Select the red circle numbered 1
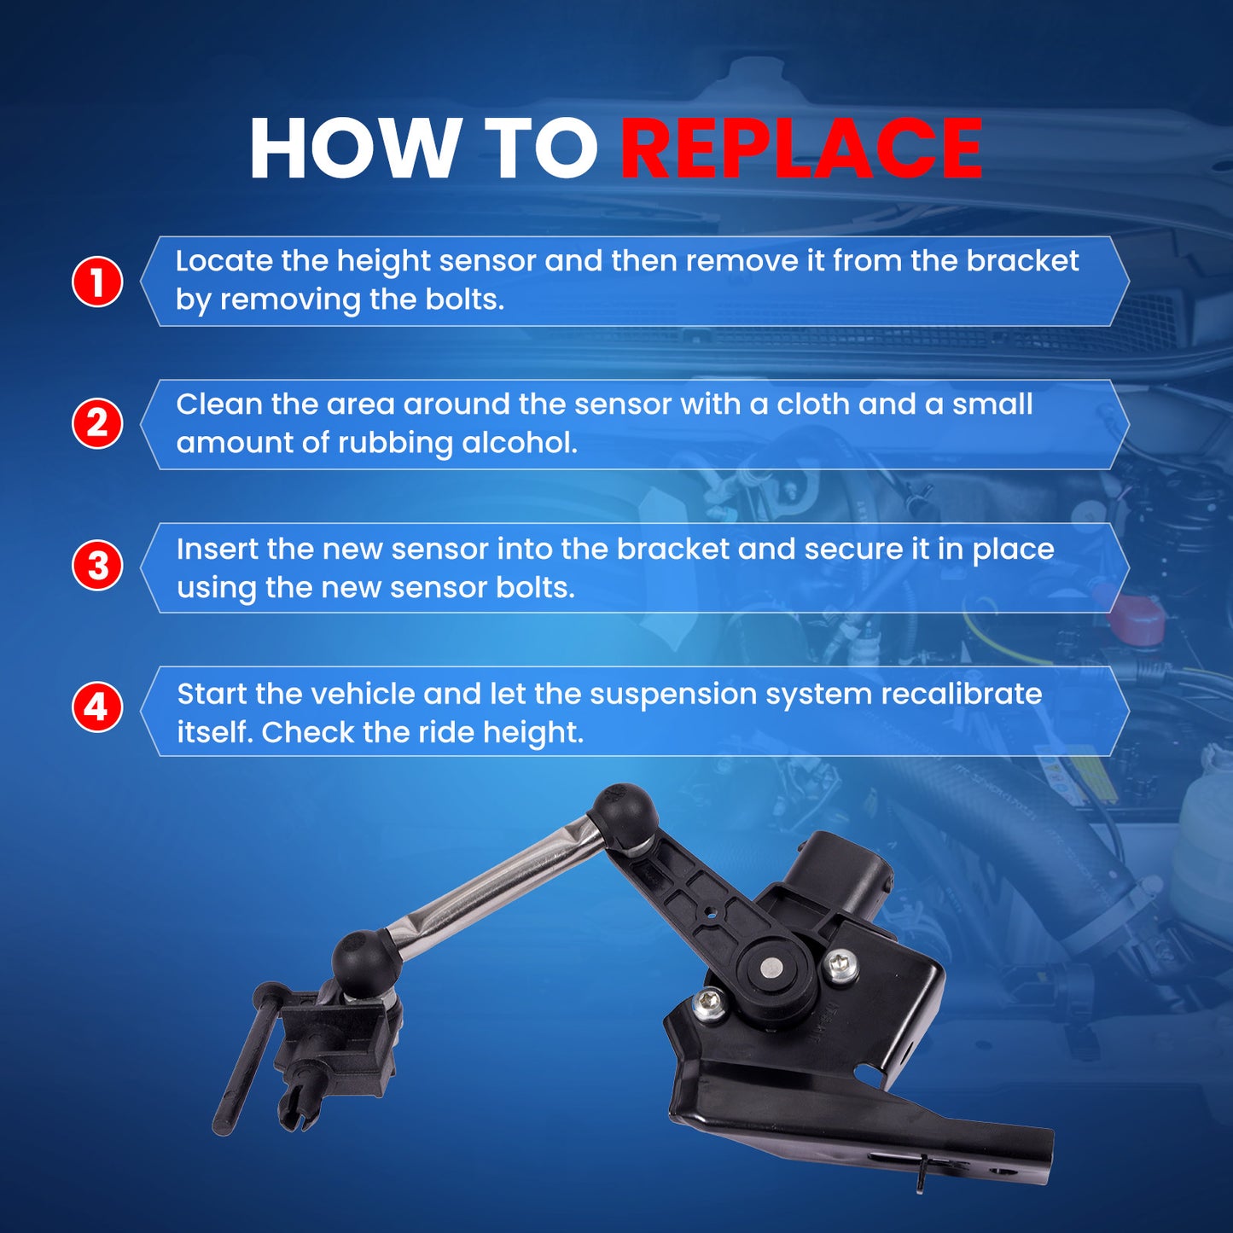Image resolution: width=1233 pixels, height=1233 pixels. coord(96,282)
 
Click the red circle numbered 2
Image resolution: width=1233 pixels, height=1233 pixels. coord(96,423)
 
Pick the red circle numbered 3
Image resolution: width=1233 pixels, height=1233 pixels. coord(96,567)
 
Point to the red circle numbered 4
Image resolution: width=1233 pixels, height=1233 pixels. coord(96,708)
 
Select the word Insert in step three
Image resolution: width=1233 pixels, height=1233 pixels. coord(217,549)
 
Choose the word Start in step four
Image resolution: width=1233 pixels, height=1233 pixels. coord(212,695)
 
